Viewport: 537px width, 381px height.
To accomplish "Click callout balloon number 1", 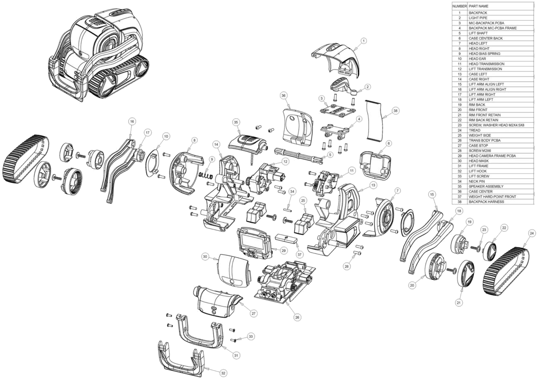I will pos(364,41).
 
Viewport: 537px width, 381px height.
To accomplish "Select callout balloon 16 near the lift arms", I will pos(132,121).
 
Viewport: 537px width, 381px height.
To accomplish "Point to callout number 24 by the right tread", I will pos(532,233).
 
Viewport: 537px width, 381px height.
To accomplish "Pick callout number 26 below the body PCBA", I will pos(297,317).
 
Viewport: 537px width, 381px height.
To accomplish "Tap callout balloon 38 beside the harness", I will pos(395,111).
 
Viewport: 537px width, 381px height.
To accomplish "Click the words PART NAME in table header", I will pos(478,6).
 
